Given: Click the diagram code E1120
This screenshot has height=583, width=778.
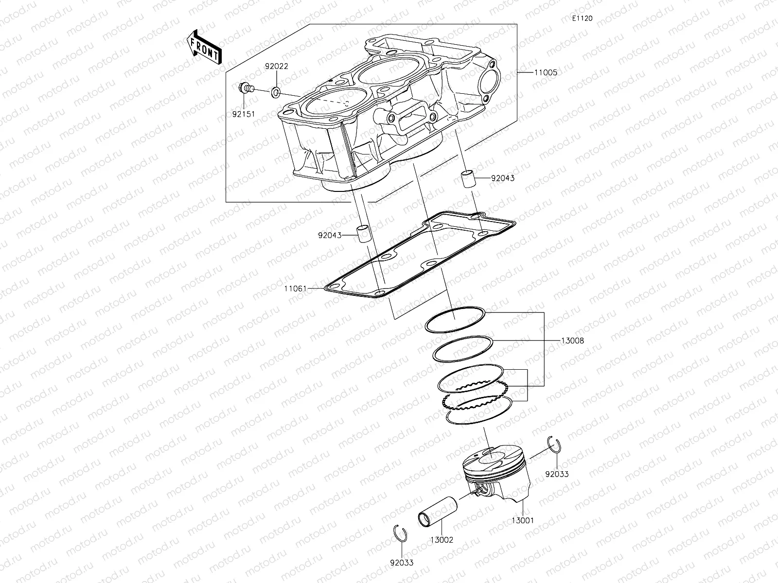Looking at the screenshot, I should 582,18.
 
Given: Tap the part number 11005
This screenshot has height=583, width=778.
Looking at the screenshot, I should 546,72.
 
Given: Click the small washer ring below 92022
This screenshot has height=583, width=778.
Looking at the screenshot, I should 275,91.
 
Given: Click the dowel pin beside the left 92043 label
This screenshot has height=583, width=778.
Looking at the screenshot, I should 363,234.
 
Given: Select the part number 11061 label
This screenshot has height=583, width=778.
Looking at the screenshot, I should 296,289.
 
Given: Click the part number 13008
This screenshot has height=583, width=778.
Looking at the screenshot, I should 572,341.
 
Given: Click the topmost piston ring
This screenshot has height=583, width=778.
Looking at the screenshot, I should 455,319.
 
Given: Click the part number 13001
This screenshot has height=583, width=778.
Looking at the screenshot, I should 522,520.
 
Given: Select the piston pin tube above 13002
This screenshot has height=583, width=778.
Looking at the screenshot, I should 438,510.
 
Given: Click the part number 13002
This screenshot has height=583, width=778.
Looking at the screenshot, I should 442,540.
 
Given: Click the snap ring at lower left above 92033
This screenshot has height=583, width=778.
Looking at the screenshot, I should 400,532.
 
